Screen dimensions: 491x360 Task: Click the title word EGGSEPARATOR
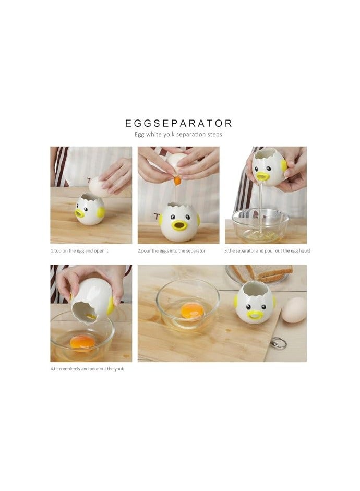pyautogui.click(x=178, y=123)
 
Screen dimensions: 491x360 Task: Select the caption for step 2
pyautogui.click(x=172, y=251)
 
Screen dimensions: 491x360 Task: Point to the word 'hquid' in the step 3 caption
pyautogui.click(x=302, y=251)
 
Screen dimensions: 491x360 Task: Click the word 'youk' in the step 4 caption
pyautogui.click(x=117, y=368)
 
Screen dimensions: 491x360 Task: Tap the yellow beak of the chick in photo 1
pyautogui.click(x=80, y=213)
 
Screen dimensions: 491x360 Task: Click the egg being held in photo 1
pyautogui.click(x=98, y=186)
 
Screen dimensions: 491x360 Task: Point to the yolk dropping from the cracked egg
pyautogui.click(x=177, y=181)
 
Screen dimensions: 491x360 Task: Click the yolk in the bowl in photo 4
pyautogui.click(x=82, y=342)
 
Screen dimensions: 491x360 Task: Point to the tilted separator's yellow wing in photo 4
pyautogui.click(x=110, y=306)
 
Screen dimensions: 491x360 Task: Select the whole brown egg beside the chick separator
pyautogui.click(x=294, y=310)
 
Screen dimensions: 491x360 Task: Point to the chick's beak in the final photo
pyautogui.click(x=255, y=315)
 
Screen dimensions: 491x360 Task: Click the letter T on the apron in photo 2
pyautogui.click(x=157, y=217)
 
